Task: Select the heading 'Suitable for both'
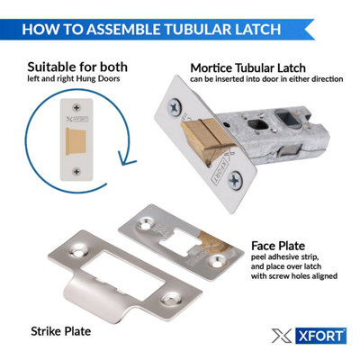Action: [76, 67]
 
